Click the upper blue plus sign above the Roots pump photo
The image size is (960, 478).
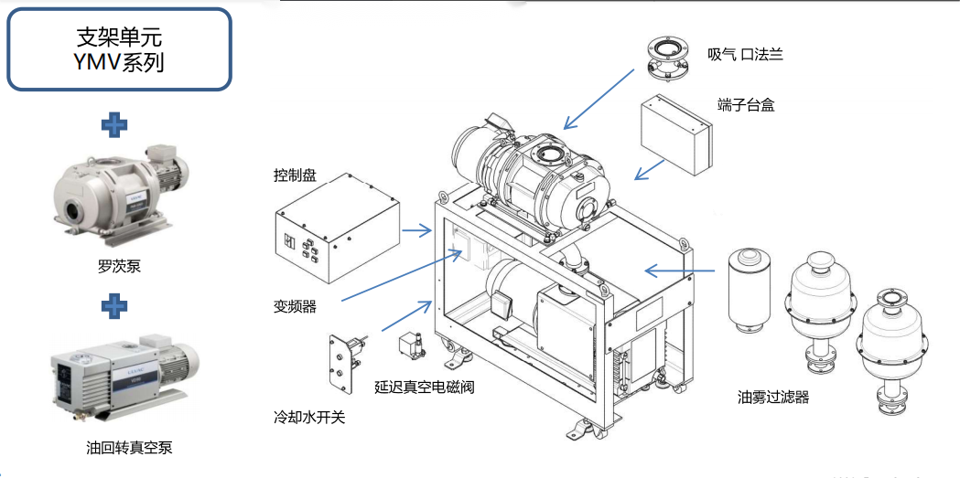pos(114,124)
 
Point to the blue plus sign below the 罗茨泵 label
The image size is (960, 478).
pos(114,305)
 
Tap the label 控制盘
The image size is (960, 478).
pos(295,175)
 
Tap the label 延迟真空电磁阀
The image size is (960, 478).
pos(424,387)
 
